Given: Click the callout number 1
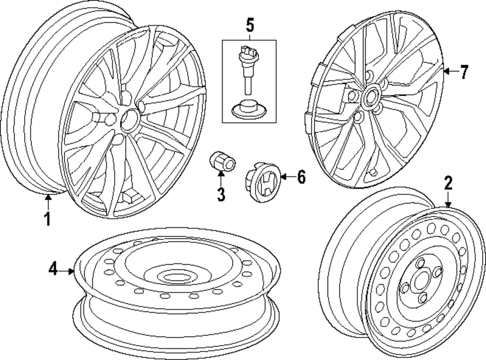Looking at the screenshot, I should pyautogui.click(x=47, y=220).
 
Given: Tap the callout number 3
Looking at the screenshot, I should pyautogui.click(x=221, y=194).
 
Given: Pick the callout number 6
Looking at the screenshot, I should pyautogui.click(x=301, y=178).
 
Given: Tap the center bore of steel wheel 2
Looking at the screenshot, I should pyautogui.click(x=419, y=282).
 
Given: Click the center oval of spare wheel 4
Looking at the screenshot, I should pyautogui.click(x=173, y=277).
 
